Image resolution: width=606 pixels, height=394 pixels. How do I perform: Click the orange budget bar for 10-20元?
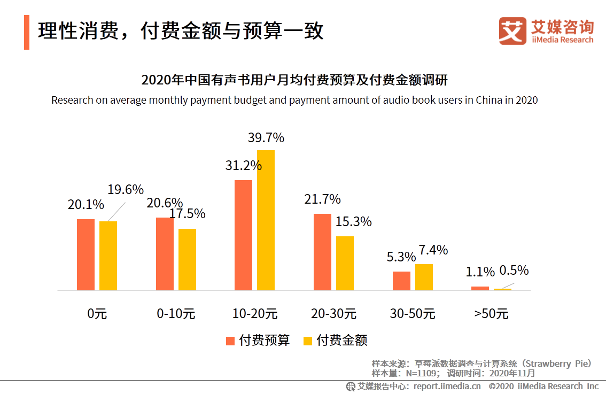(243, 235)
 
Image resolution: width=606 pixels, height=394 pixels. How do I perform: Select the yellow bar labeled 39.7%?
(266, 220)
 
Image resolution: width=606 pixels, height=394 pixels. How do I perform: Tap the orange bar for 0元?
(86, 254)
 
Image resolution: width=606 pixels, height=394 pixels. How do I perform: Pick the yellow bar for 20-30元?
(345, 263)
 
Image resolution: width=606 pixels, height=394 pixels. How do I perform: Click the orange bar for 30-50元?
(401, 281)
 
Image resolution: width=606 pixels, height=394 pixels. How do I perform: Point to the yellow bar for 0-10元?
(187, 259)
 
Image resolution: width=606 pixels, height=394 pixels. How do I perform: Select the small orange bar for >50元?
(480, 288)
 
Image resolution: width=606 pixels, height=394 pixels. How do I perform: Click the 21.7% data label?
(322, 199)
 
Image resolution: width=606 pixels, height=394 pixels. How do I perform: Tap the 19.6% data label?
(126, 190)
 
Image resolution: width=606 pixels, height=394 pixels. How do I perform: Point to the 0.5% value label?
(514, 271)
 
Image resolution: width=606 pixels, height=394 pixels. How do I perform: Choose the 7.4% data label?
(433, 250)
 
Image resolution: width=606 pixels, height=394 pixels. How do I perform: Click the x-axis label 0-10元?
(176, 314)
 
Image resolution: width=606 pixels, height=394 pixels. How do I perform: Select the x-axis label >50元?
(491, 314)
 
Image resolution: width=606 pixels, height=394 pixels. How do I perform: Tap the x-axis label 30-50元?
(413, 314)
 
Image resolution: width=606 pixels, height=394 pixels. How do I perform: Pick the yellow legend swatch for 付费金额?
(308, 341)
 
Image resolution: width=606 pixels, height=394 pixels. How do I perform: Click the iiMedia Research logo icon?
(512, 31)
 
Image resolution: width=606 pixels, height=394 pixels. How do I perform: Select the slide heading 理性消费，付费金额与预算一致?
(181, 31)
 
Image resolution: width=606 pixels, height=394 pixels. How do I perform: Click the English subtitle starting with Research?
(294, 100)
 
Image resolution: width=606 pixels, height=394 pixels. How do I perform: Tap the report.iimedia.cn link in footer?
(447, 386)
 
